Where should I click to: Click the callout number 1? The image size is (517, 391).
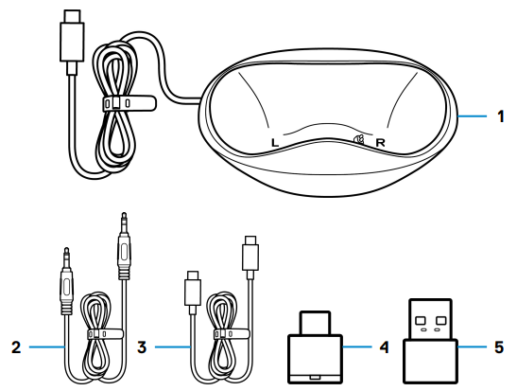click(x=501, y=116)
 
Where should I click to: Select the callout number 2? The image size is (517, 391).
click(x=16, y=347)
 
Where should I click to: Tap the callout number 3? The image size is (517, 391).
click(x=142, y=347)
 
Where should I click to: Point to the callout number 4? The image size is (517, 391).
click(x=384, y=347)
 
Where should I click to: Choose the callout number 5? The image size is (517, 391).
click(x=499, y=347)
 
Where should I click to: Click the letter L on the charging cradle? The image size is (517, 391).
click(x=275, y=143)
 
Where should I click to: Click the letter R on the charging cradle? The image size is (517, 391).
click(x=381, y=143)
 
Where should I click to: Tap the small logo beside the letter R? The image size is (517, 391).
click(x=359, y=140)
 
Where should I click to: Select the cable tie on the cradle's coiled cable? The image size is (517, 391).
click(x=129, y=103)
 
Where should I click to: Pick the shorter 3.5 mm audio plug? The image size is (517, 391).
click(x=66, y=280)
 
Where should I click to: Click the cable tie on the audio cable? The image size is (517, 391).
click(x=105, y=334)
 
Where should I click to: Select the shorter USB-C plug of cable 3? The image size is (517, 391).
click(x=193, y=293)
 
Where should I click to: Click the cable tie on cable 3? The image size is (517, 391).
click(x=232, y=334)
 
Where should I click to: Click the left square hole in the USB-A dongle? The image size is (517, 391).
click(x=420, y=320)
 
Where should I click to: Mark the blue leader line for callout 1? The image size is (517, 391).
click(x=473, y=116)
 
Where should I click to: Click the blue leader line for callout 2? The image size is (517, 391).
click(x=46, y=347)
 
